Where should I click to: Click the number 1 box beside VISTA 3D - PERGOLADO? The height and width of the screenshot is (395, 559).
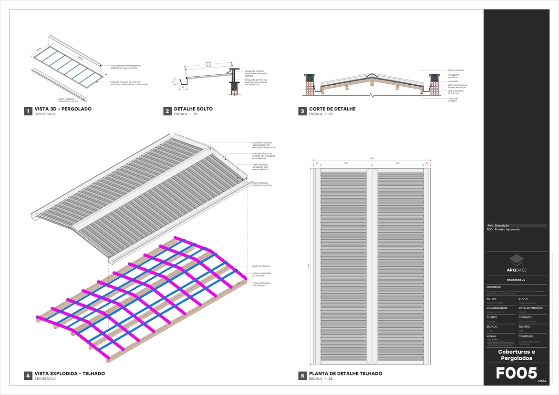pyautogui.click(x=28, y=111)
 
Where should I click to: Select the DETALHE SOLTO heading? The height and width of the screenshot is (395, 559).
pyautogui.click(x=193, y=109)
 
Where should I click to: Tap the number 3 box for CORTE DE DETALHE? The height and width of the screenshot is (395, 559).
pyautogui.click(x=302, y=111)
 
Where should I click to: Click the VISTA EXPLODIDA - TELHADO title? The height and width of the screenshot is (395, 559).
pyautogui.click(x=70, y=374)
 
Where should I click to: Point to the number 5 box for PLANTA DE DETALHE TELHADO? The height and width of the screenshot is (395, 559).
pyautogui.click(x=302, y=376)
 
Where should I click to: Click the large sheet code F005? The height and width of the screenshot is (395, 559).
pyautogui.click(x=517, y=373)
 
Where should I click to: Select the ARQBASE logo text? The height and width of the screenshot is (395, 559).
pyautogui.click(x=517, y=270)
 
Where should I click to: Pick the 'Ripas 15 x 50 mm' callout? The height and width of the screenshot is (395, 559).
pyautogui.click(x=261, y=266)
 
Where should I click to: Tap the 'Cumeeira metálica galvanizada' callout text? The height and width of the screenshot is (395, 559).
pyautogui.click(x=262, y=145)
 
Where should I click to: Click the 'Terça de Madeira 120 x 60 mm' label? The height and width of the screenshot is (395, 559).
pyautogui.click(x=261, y=284)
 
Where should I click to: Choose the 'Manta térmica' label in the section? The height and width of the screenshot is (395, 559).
pyautogui.click(x=456, y=70)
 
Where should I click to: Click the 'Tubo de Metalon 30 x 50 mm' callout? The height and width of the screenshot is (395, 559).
pyautogui.click(x=129, y=83)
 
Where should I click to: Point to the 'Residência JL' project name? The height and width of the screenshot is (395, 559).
pyautogui.click(x=516, y=280)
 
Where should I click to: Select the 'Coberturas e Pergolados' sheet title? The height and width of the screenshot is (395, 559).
pyautogui.click(x=517, y=354)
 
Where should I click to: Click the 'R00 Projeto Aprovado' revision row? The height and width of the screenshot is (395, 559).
pyautogui.click(x=504, y=229)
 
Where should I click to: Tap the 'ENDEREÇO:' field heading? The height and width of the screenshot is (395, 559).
pyautogui.click(x=494, y=287)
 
